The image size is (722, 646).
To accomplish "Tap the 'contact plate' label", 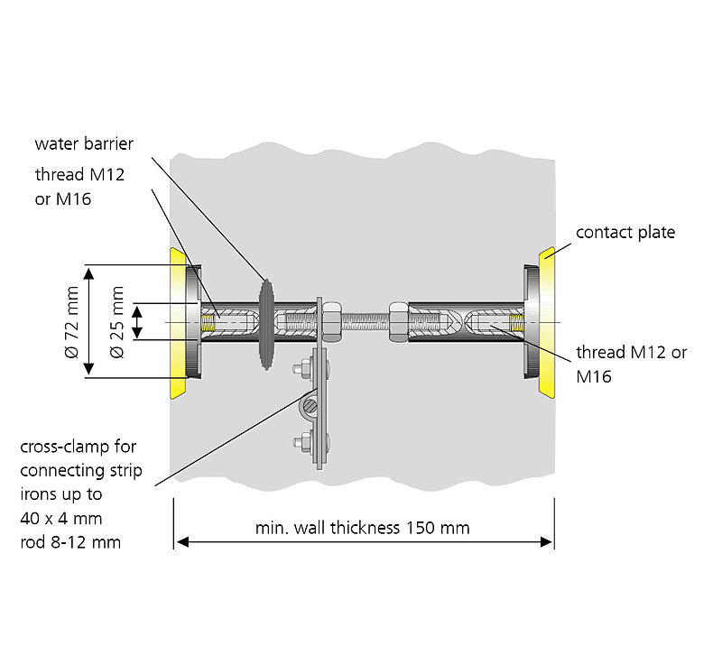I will (625, 233).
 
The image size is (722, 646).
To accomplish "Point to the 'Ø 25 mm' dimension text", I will (116, 321).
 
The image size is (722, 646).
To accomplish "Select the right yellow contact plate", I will (547, 322).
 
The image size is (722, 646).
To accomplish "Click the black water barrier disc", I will (266, 322).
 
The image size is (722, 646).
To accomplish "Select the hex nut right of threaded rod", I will (397, 321).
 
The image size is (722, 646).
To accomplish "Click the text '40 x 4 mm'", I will (60, 518).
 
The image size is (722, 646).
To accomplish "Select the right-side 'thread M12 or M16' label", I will (631, 364).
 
